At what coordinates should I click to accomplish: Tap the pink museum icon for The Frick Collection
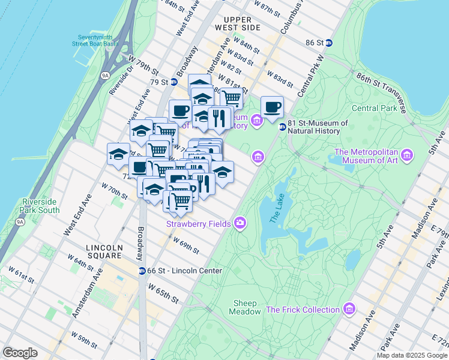350,309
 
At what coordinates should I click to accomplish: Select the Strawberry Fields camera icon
240,223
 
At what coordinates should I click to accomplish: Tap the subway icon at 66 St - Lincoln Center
142,271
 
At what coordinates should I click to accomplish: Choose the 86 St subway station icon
338,43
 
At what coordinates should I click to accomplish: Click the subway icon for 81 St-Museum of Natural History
282,127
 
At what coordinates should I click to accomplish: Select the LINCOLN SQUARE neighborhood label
104,251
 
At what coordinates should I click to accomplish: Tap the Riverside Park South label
40,206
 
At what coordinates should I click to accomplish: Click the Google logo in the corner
20,353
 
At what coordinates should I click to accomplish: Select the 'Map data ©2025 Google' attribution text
412,355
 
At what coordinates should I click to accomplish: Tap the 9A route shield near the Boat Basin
105,75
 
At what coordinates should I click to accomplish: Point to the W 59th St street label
84,340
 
